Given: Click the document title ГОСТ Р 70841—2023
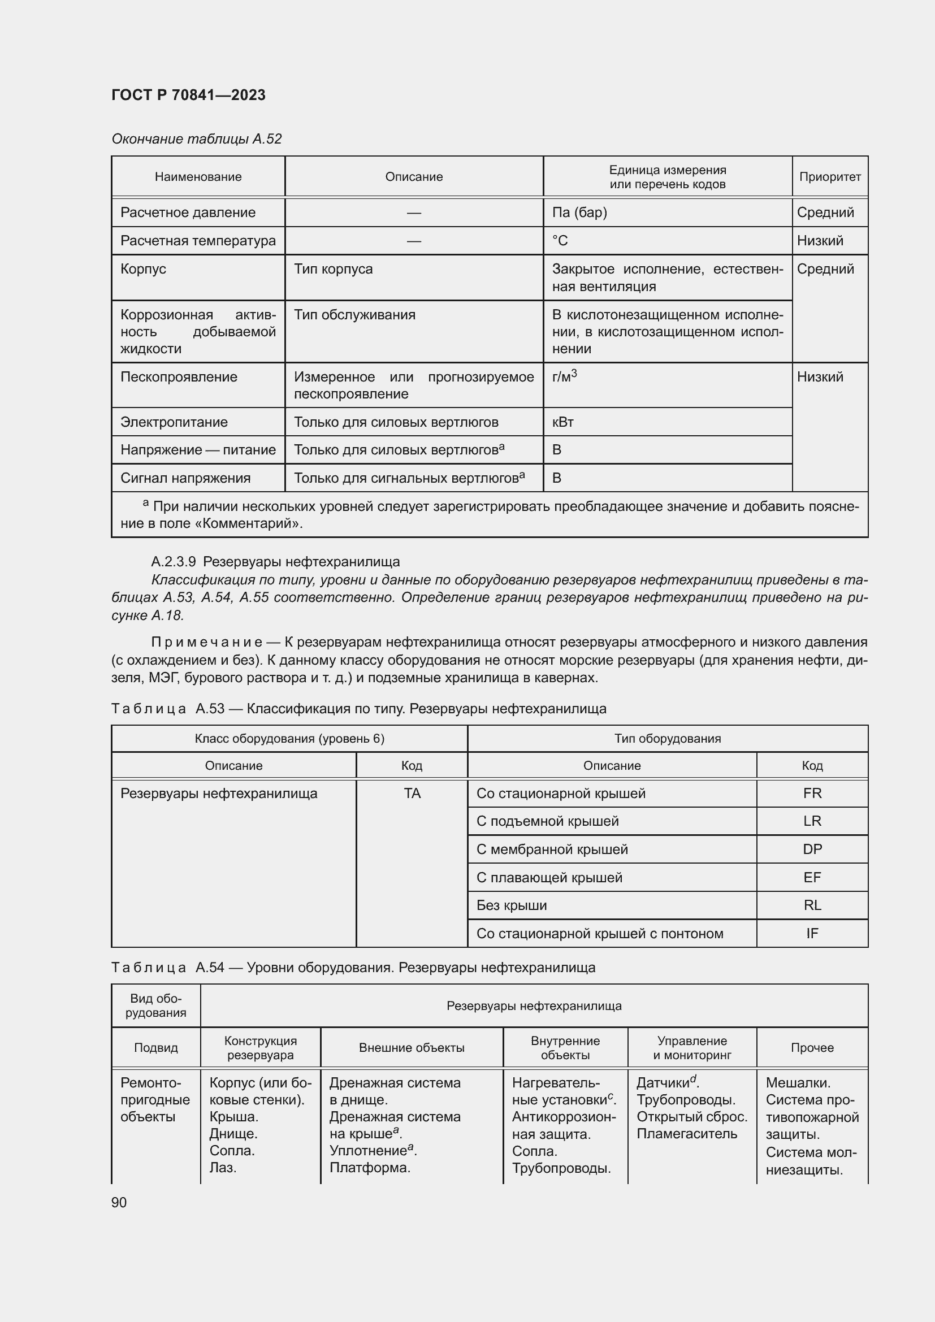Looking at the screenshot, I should point(188,95).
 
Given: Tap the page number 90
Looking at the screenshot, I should point(119,1202).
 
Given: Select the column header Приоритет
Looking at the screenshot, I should point(830,177).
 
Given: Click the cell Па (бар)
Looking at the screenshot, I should point(579,213).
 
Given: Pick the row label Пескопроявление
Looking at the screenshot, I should point(179,377).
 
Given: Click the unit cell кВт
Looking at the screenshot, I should point(562,422).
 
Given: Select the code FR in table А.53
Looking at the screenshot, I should point(812,794).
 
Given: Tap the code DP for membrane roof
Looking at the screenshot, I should point(812,849).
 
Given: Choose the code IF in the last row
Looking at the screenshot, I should point(812,933).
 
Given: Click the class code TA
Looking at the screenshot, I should point(412,794).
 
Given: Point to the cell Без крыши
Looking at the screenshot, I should point(511,905).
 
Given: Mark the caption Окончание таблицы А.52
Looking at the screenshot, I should point(196,139).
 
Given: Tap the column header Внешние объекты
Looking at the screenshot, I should point(412,1048).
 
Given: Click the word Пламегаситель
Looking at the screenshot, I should point(686,1134).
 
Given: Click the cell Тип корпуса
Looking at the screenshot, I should point(333,269).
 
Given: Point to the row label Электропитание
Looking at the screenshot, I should point(174,422).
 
